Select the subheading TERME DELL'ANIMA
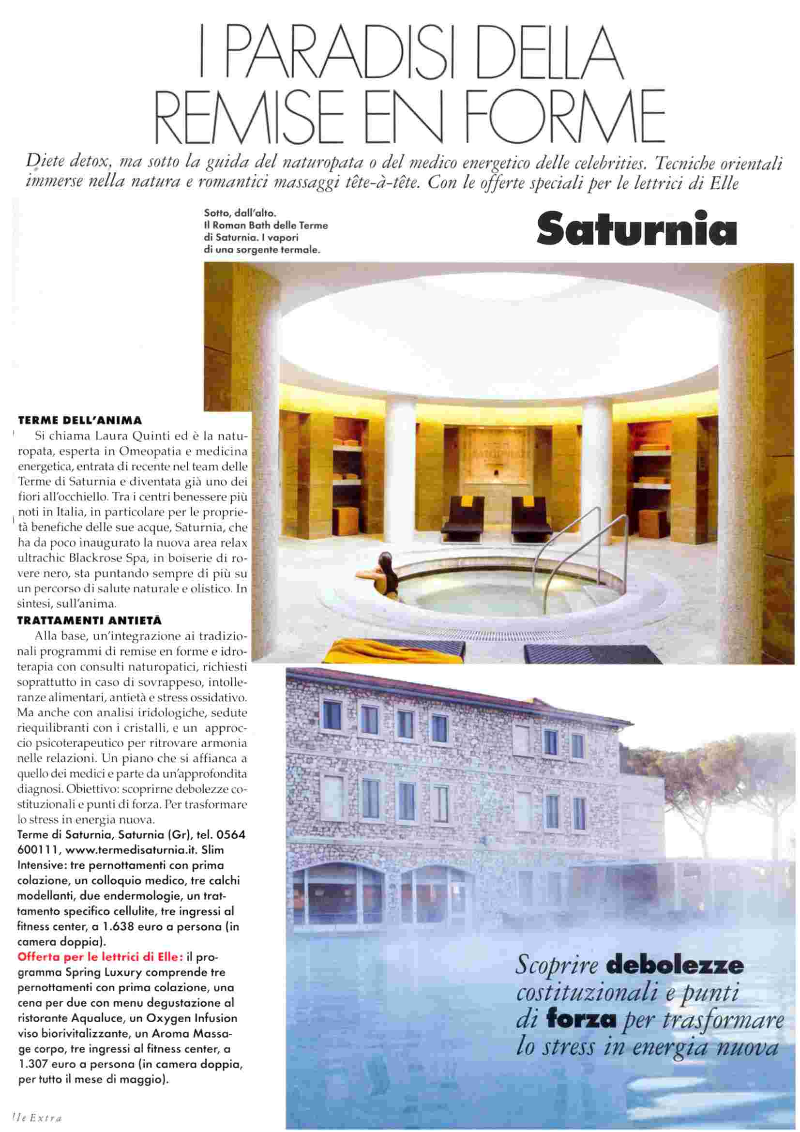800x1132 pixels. tap(80, 421)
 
